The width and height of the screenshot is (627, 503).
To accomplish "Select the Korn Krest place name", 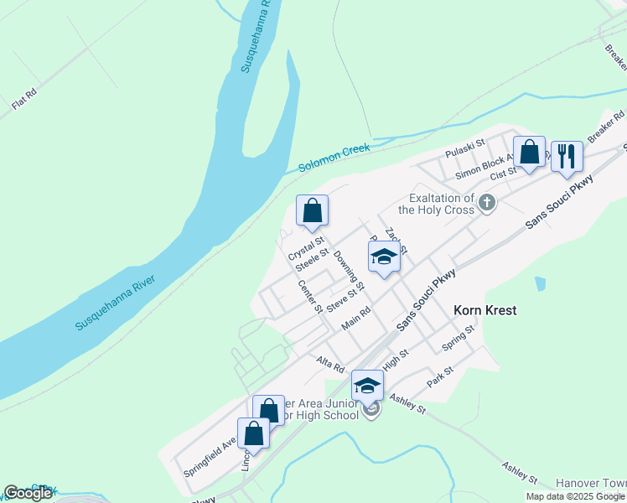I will [x=484, y=310].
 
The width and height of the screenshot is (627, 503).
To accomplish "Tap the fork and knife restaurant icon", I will [x=567, y=156].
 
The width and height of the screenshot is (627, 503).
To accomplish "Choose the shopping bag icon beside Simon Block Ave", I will [x=529, y=153].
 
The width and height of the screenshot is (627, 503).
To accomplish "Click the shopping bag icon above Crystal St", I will [x=312, y=211].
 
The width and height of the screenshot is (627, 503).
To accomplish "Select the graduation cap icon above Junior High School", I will [x=366, y=386].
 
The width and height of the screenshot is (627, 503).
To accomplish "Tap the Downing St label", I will [x=348, y=271].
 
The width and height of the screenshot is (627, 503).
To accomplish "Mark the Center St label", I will [x=310, y=296].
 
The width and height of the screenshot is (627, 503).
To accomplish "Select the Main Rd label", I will [x=356, y=319].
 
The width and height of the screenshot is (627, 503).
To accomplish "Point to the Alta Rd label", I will [x=330, y=364].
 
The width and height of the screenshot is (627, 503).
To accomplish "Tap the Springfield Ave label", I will [x=210, y=457].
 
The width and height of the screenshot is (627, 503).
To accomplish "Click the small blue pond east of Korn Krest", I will [x=540, y=284].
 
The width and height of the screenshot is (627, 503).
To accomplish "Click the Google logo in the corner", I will [x=27, y=493].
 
